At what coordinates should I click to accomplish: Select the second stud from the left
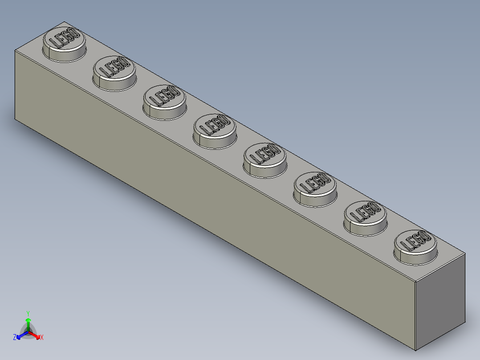tap(114, 73)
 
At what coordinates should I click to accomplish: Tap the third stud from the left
tap(164, 102)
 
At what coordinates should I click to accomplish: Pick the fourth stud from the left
tap(215, 130)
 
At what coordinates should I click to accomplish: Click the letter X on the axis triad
tap(42, 338)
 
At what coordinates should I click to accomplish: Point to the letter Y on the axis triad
tap(28, 313)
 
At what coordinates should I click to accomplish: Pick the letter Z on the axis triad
tap(15, 338)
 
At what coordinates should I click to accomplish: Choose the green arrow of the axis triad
tap(28, 322)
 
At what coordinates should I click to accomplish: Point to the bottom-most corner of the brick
tap(415, 349)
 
